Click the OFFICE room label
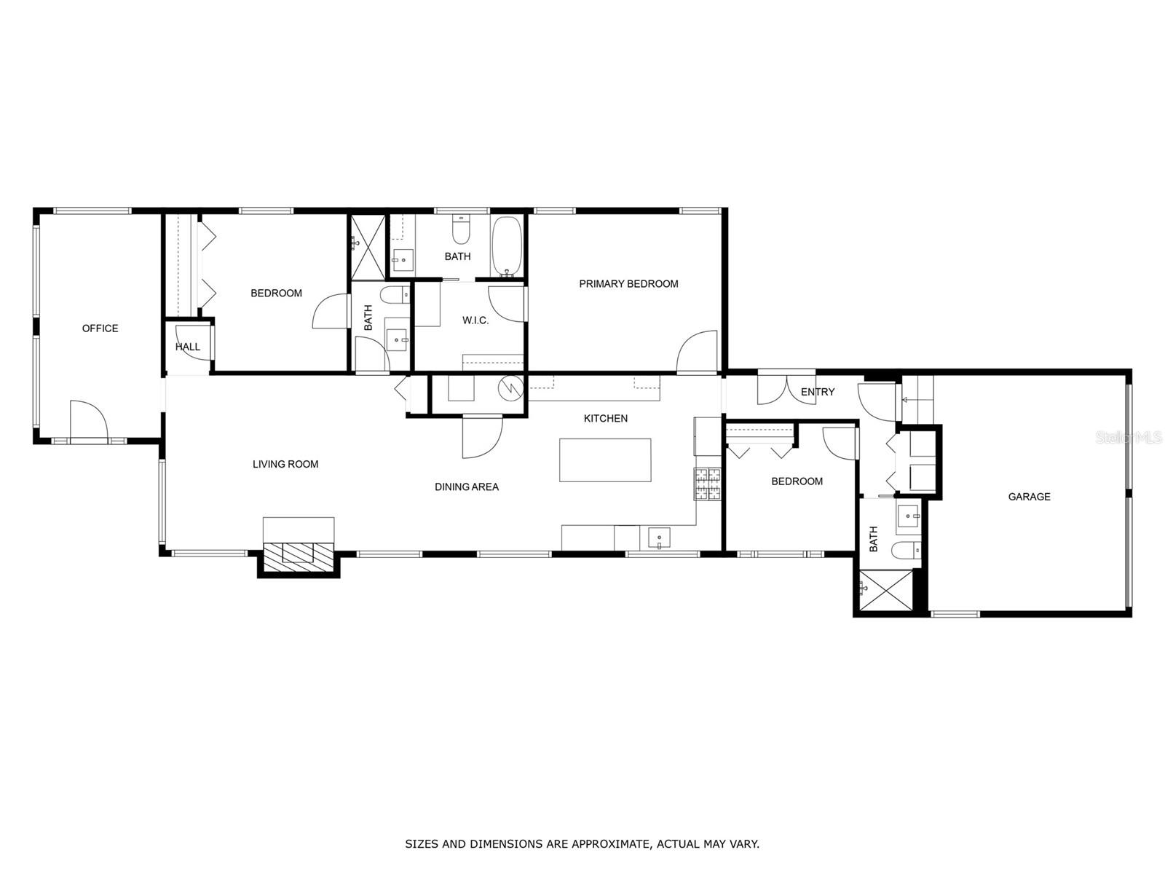click(x=100, y=328)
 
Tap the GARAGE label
click(x=1029, y=497)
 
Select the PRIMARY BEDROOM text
click(x=628, y=284)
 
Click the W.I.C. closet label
click(x=475, y=320)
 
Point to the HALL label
click(x=187, y=347)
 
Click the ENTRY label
click(x=817, y=392)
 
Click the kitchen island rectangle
click(x=605, y=460)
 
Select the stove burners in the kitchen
click(x=707, y=484)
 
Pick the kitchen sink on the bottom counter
click(x=659, y=539)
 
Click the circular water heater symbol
click(x=511, y=388)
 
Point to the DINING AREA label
click(x=467, y=487)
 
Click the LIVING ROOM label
click(x=285, y=464)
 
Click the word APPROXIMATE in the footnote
click(x=609, y=844)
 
